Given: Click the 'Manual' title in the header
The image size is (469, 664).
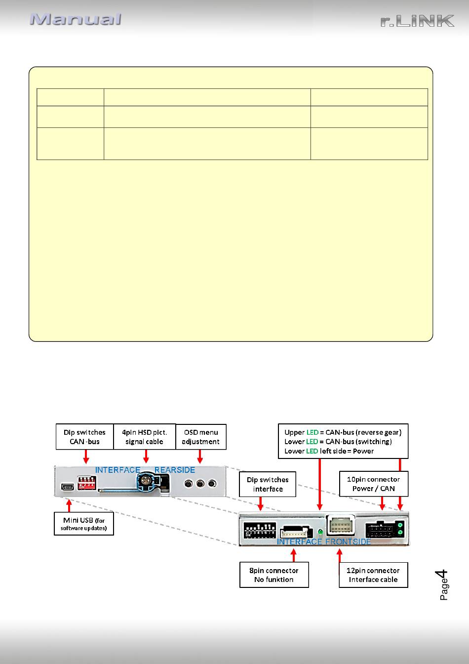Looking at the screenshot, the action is pos(75,19).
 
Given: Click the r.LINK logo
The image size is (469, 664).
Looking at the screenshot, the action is pos(417,21).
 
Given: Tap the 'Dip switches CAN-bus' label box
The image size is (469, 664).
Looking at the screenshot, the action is pos(85,437).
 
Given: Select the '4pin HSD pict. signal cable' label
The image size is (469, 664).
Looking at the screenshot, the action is pos(145,437).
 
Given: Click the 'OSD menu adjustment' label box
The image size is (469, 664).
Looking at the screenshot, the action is pos(201,437).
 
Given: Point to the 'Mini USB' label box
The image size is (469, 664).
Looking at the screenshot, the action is pos(84,524).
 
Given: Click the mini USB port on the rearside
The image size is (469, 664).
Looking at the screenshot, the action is pos(68,487).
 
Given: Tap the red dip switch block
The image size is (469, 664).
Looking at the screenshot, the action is pos(86,483).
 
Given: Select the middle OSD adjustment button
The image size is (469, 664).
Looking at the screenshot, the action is pos(200,484).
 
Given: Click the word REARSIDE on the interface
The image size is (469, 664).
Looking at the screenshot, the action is pos(174,470).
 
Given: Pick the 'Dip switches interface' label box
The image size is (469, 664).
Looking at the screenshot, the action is pos(268,484).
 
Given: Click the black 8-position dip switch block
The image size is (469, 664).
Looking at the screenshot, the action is pos(260,530).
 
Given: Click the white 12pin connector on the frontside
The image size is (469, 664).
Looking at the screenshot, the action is pos(341,525).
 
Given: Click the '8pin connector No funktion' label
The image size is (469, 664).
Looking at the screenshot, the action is pos(274,575).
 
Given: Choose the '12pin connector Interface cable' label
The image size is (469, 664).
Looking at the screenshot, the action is pos(373,575).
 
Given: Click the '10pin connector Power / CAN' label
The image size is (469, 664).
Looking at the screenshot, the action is pos(374,484).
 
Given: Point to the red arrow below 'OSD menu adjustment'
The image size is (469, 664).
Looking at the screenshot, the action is pos(200,456).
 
